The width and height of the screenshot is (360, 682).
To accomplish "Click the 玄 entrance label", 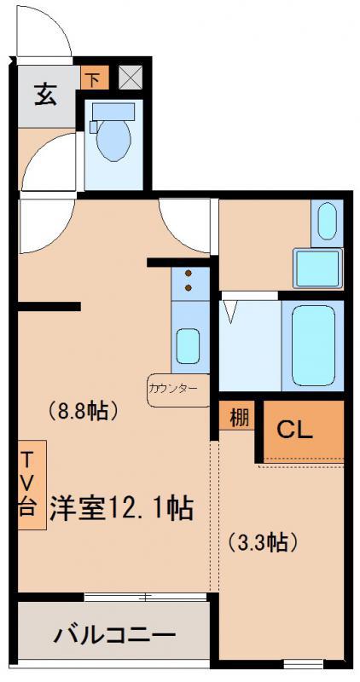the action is (45, 95).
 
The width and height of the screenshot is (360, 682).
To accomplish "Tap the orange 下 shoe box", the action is (94, 78).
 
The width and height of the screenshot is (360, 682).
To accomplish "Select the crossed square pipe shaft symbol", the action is (131, 77).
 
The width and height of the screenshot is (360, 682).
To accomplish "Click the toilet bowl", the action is (113, 140).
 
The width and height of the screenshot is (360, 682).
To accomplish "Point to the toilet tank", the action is (113, 112).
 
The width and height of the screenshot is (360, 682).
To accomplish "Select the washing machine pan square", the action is (317, 269).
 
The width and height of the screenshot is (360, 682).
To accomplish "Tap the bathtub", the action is (313, 345).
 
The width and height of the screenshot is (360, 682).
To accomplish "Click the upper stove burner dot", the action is (189, 274).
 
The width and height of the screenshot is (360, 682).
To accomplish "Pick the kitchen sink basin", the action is (188, 346).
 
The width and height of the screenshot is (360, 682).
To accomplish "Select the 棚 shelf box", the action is (237, 418).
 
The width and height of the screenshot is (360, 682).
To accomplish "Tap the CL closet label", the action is (295, 431).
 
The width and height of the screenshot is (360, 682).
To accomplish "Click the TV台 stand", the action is (32, 484).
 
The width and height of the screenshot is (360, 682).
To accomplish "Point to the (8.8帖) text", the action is (82, 411).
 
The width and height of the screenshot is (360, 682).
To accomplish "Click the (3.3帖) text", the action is (263, 542).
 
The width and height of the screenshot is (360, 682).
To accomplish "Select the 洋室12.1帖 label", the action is (121, 507).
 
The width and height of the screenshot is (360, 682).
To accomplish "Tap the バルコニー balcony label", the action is (114, 636).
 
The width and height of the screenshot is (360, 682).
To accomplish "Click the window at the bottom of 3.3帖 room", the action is (304, 664).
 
